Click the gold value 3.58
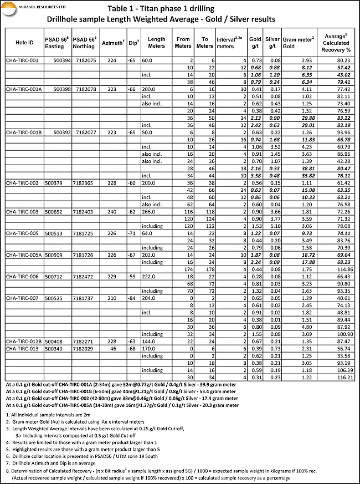point(255,175)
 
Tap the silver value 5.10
point(272,226)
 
